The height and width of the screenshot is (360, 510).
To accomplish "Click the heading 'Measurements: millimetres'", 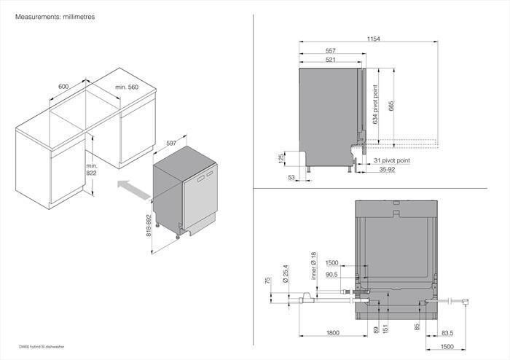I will tap(46, 15).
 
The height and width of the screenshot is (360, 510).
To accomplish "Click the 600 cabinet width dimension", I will tap(63, 87).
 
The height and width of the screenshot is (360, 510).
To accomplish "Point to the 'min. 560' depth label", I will tap(126, 87).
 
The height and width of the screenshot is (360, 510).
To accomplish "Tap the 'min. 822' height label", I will tap(91, 171).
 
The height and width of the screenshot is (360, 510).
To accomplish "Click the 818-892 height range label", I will tap(149, 227).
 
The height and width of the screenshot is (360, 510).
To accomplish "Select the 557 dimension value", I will tap(330, 51).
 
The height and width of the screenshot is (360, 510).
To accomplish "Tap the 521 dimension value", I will tap(330, 60).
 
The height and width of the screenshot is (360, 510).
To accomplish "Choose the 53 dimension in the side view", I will tap(291, 177).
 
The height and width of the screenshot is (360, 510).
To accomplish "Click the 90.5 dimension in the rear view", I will tap(332, 275).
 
